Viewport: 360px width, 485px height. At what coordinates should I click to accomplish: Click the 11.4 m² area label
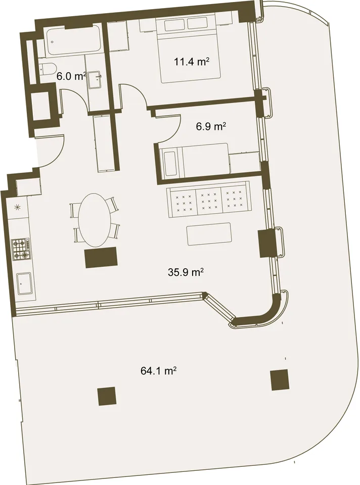[x=192, y=62]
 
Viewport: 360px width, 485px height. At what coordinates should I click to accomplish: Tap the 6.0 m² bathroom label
[x=71, y=76]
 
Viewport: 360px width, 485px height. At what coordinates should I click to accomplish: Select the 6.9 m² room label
[x=211, y=126]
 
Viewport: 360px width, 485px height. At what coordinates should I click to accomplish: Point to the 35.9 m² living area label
[x=186, y=272]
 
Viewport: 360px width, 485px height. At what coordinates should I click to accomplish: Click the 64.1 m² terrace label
[x=158, y=370]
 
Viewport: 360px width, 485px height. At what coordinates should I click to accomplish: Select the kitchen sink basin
[x=24, y=283]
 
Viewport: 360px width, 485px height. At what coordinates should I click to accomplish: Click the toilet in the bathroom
[x=48, y=70]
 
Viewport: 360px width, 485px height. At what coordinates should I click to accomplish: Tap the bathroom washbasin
[x=95, y=80]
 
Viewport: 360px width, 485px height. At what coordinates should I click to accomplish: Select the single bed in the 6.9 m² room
[x=195, y=160]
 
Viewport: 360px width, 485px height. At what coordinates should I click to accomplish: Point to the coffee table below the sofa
[x=209, y=234]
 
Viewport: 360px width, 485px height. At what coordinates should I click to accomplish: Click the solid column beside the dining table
[x=101, y=257]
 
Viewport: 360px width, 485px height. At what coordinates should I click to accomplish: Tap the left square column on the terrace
[x=107, y=396]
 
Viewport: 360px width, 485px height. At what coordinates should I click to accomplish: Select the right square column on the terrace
[x=280, y=380]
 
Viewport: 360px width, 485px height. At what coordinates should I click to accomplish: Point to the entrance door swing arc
[x=56, y=155]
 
